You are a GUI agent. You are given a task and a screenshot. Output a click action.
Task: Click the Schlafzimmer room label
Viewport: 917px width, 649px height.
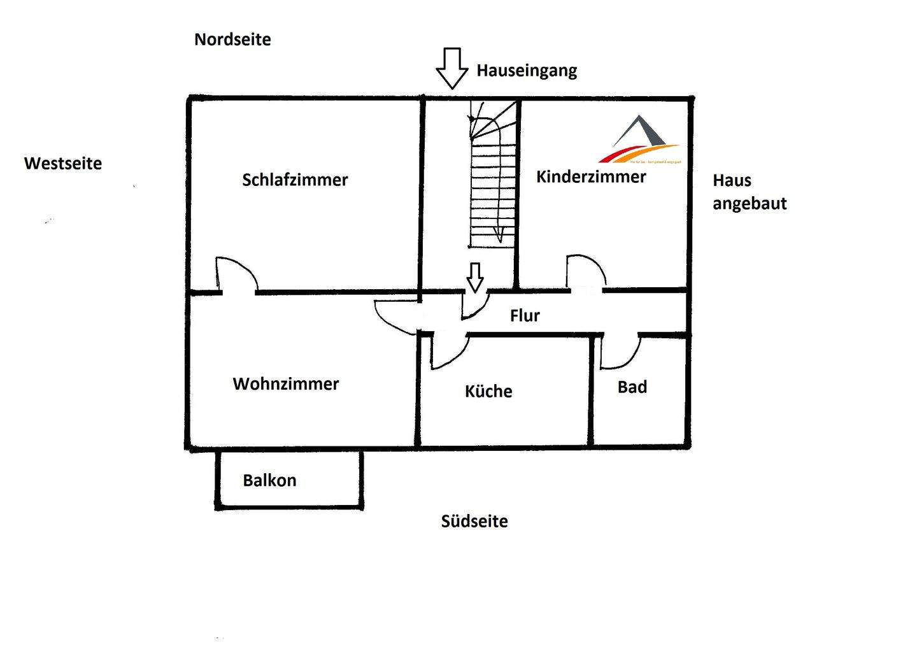click(295, 180)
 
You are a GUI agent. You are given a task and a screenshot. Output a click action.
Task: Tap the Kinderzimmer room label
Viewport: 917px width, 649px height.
click(591, 176)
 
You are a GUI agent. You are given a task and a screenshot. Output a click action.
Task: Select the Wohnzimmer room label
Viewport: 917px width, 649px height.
click(286, 384)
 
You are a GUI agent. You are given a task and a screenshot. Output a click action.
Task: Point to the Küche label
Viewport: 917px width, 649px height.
click(488, 391)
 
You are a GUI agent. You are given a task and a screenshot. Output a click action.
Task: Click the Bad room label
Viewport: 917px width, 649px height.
click(632, 387)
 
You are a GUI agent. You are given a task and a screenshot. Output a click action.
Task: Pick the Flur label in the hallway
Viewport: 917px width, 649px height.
click(525, 315)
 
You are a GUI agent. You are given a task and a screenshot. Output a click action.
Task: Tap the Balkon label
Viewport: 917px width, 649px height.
click(269, 480)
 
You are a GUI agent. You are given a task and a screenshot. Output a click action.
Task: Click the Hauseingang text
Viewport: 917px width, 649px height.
click(527, 70)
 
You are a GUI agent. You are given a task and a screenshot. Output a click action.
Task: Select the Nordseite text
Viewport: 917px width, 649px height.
click(232, 39)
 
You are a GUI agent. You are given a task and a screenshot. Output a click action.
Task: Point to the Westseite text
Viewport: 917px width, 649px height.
click(63, 164)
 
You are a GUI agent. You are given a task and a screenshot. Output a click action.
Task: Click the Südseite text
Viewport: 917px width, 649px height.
click(474, 522)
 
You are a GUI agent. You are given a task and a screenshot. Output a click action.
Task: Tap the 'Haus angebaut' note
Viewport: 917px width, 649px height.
click(750, 192)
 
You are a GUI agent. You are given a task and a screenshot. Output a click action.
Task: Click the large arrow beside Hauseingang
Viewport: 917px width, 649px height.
click(451, 68)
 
